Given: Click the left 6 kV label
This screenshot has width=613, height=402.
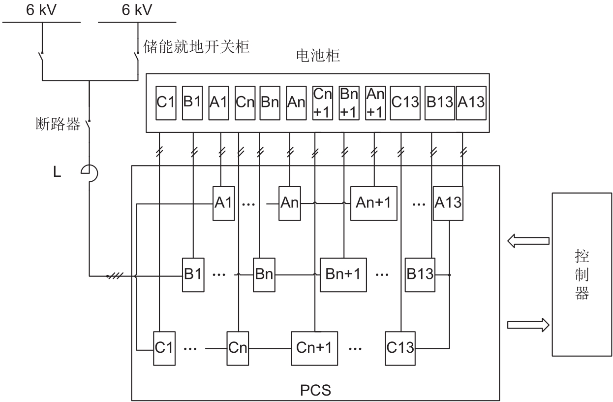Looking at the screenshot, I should click(x=42, y=11).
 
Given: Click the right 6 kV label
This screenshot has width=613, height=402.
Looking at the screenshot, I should click(x=137, y=11).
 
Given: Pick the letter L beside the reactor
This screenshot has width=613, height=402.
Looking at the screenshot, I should click(x=57, y=173).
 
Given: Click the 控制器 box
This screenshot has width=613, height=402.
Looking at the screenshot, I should click(x=582, y=274).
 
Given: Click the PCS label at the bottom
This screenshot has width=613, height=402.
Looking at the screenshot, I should click(x=315, y=392).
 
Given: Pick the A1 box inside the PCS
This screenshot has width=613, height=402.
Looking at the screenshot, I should click(x=223, y=203).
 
